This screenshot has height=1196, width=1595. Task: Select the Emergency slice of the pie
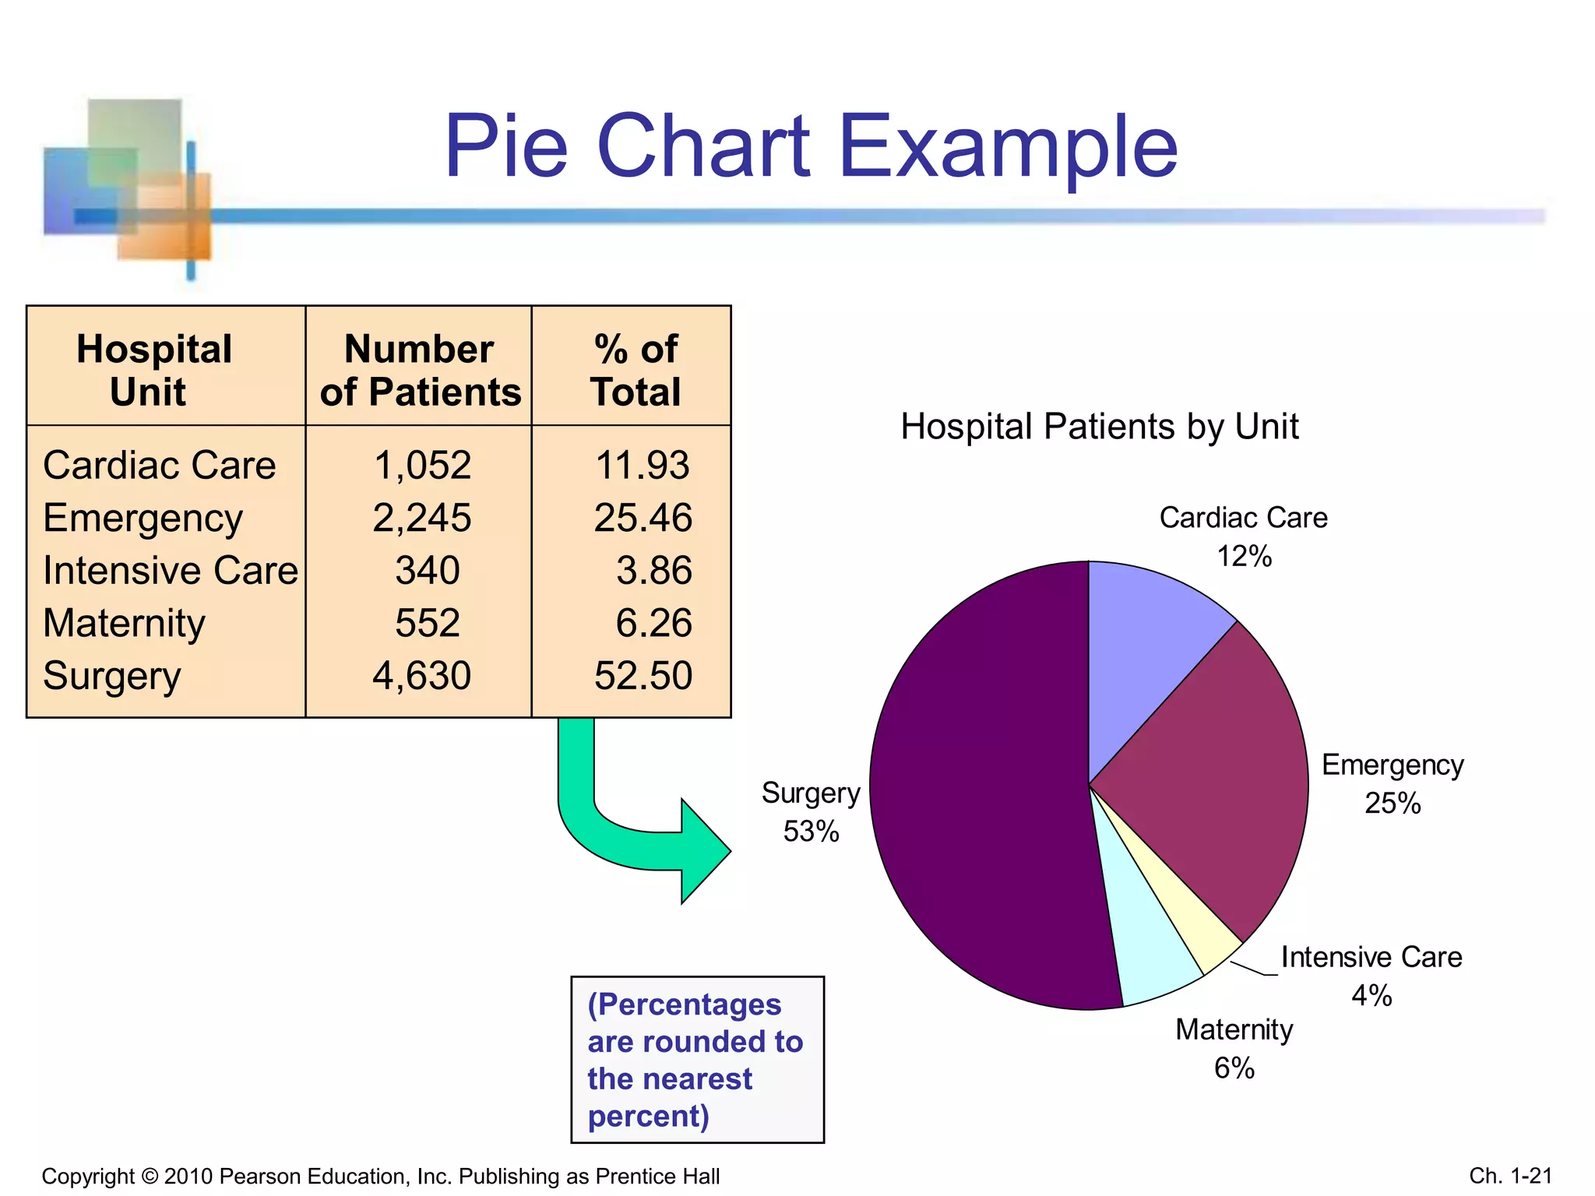click(x=1215, y=786)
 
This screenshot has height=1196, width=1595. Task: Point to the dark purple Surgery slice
click(x=981, y=786)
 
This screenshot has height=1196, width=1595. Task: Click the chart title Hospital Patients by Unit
click(x=1099, y=427)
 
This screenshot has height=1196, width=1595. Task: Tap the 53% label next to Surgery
click(x=811, y=832)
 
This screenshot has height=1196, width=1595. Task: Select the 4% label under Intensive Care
click(x=1371, y=995)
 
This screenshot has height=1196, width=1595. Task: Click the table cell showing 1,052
click(x=422, y=466)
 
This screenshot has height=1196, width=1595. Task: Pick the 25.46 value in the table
click(x=643, y=518)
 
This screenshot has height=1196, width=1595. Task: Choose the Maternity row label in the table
click(x=125, y=623)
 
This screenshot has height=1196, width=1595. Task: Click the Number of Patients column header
click(x=420, y=371)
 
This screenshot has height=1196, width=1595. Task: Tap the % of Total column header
click(x=635, y=371)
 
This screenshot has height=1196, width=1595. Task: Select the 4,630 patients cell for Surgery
click(x=421, y=675)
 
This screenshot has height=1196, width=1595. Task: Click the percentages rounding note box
click(x=696, y=1060)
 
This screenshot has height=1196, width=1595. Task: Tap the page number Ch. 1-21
click(x=1510, y=1175)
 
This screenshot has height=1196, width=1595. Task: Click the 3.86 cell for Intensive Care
click(x=653, y=570)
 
